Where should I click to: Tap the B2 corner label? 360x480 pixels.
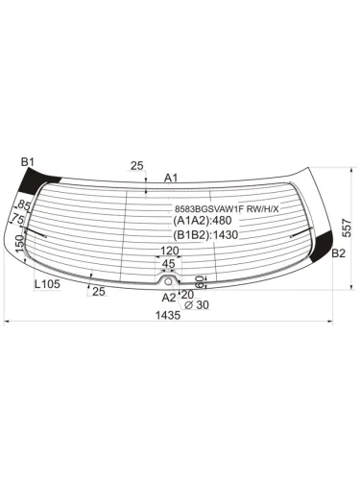pyautogui.click(x=338, y=253)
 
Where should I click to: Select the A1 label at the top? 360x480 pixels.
pyautogui.click(x=171, y=178)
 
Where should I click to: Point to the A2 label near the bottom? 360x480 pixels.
pyautogui.click(x=169, y=298)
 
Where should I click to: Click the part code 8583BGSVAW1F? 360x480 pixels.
pyautogui.click(x=206, y=208)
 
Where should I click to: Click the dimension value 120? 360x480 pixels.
pyautogui.click(x=169, y=252)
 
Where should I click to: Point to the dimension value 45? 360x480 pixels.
pyautogui.click(x=168, y=264)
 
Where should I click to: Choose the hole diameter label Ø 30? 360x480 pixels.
pyautogui.click(x=196, y=305)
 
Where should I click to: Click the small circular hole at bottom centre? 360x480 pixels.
pyautogui.click(x=169, y=281)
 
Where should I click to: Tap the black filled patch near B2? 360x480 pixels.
pyautogui.click(x=339, y=235)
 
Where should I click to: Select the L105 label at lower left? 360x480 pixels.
pyautogui.click(x=46, y=285)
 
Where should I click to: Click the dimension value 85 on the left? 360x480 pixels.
pyautogui.click(x=25, y=205)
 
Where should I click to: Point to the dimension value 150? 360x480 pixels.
pyautogui.click(x=20, y=245)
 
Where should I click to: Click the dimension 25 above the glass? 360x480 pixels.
pyautogui.click(x=136, y=166)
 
